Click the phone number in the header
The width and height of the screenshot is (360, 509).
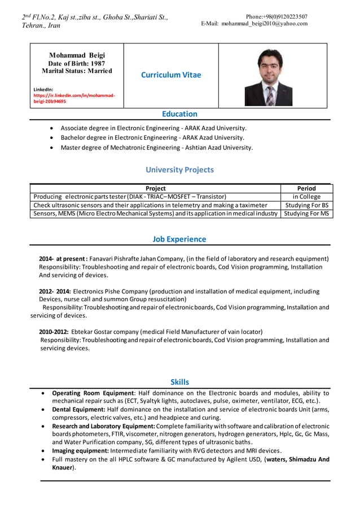click(x=276, y=16)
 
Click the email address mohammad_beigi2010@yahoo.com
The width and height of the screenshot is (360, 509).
click(x=264, y=24)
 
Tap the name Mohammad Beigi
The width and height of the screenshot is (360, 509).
click(x=77, y=55)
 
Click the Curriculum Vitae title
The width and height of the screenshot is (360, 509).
click(x=170, y=74)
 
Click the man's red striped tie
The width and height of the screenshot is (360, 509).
click(x=270, y=95)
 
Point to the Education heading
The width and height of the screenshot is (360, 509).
click(x=179, y=114)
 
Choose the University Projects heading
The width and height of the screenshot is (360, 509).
click(x=179, y=169)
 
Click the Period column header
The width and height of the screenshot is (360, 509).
click(x=306, y=188)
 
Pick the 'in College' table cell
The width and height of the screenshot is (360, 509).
click(x=306, y=197)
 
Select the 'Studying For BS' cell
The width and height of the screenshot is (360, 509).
click(x=306, y=205)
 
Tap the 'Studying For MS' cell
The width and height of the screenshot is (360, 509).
click(x=306, y=214)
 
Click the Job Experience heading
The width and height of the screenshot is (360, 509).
click(x=179, y=239)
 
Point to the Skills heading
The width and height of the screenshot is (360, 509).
click(x=179, y=382)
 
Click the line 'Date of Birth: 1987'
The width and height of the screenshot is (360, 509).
click(x=77, y=64)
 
